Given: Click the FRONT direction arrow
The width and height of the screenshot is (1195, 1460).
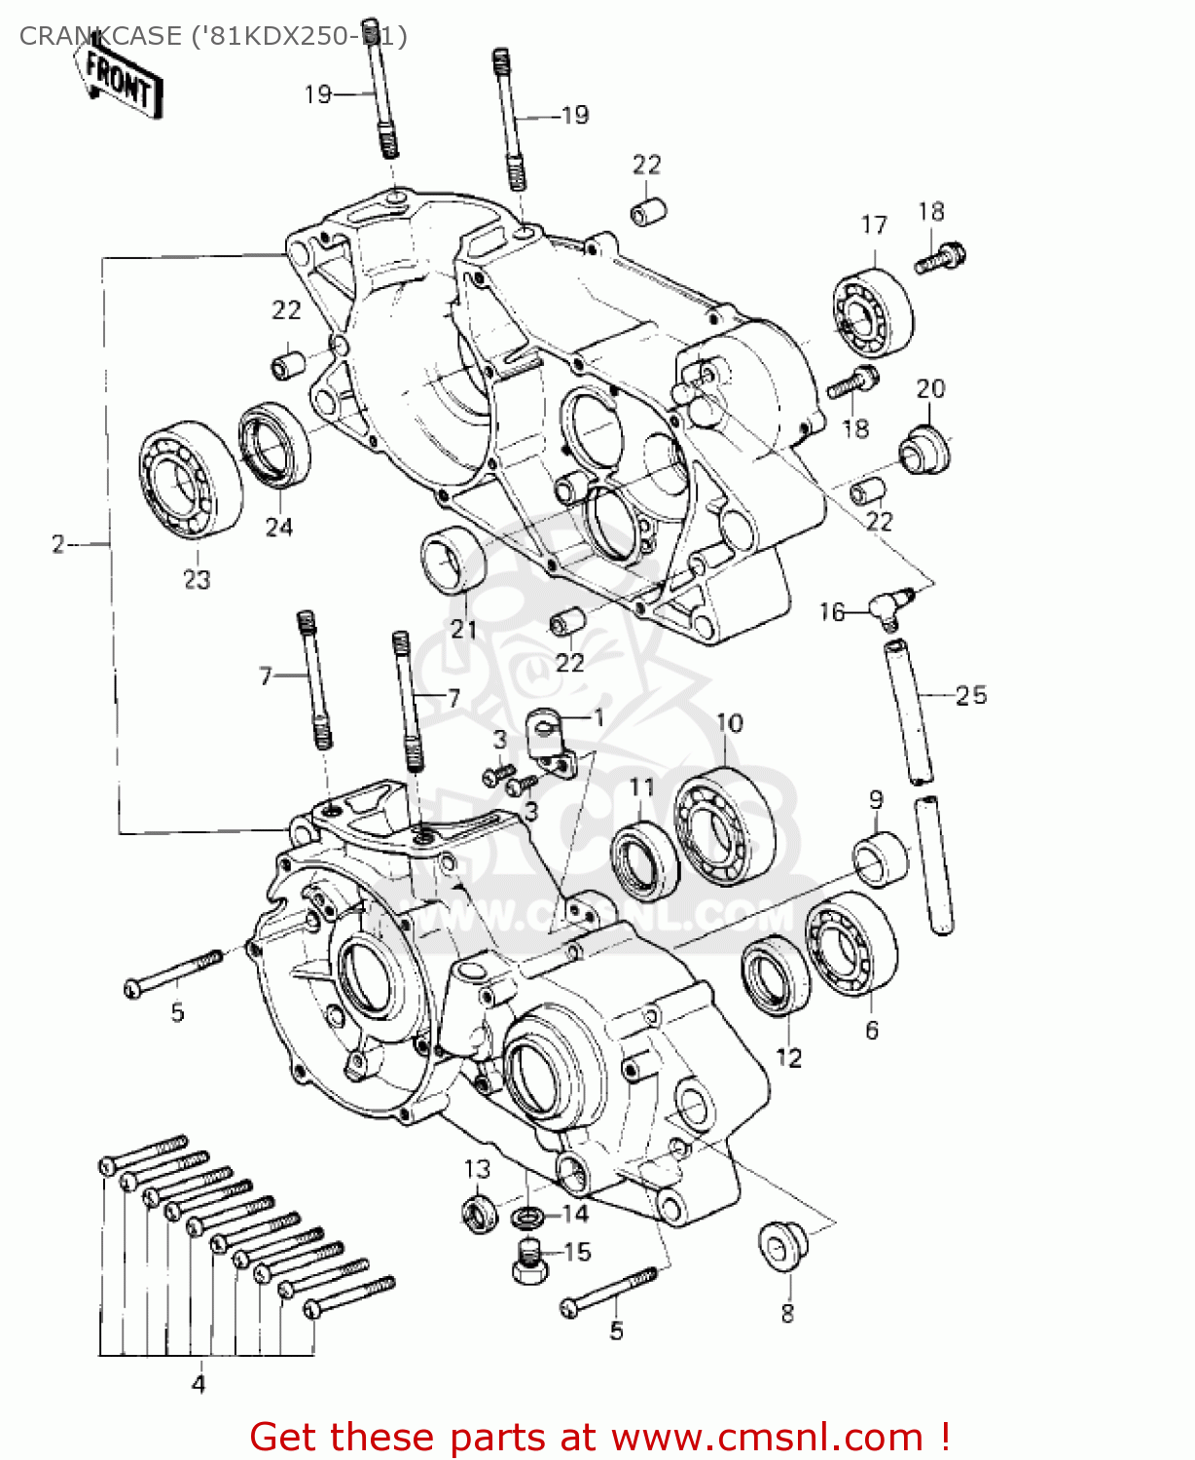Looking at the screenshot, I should coord(119,80).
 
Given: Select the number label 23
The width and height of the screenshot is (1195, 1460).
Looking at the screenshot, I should coord(197,579).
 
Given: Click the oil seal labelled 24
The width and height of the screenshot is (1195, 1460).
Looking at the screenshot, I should coord(275,445).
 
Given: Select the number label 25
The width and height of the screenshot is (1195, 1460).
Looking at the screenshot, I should coord(970,695).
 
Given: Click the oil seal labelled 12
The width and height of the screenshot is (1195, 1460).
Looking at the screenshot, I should coord(777,974).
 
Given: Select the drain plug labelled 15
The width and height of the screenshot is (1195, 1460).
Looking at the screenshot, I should coord(525,1261).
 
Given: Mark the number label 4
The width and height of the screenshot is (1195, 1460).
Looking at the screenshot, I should coord(199,1383).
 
